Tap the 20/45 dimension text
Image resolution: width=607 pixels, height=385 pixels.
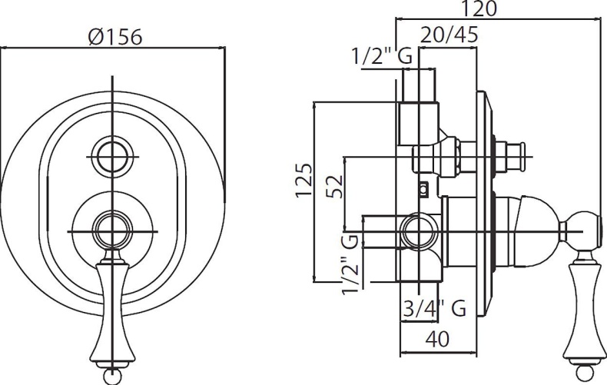pyautogui.click(x=449, y=35)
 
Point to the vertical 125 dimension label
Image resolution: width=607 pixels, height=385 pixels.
pyautogui.click(x=304, y=181)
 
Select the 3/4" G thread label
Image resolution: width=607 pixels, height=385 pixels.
pyautogui.click(x=435, y=309)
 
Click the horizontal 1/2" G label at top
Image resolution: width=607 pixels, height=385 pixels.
pyautogui.click(x=381, y=55)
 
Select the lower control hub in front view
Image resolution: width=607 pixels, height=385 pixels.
pyautogui.click(x=112, y=229)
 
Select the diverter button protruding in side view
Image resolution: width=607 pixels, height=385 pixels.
pyautogui.click(x=513, y=158)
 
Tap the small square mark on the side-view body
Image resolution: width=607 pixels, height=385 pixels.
pyautogui.click(x=423, y=187)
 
